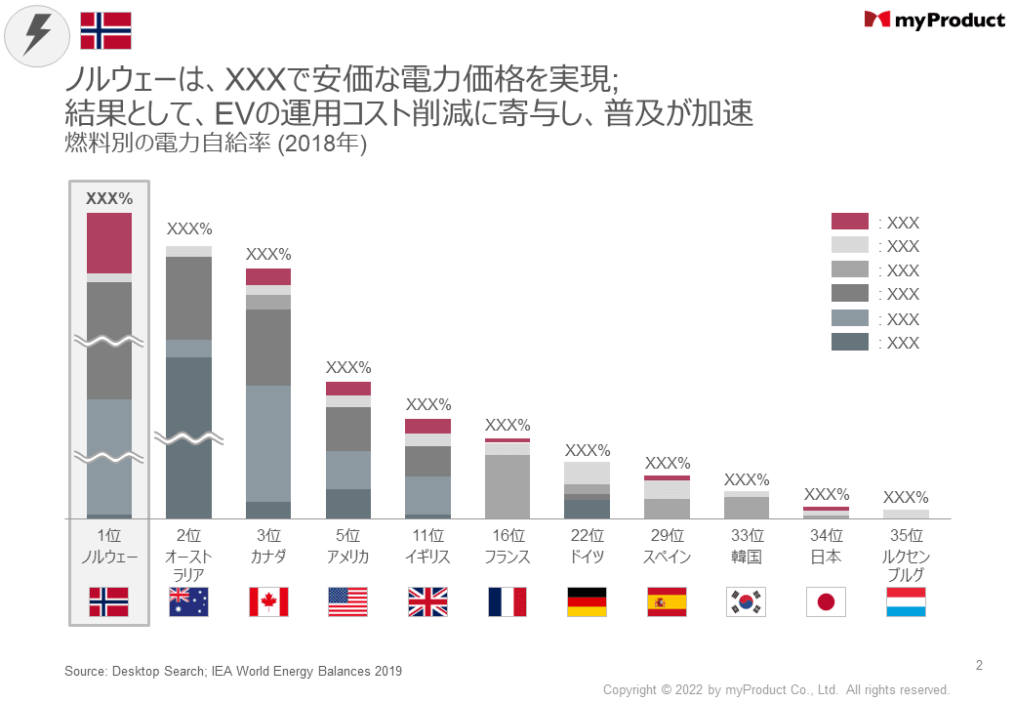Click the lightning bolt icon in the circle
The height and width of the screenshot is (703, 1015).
pos(37,35)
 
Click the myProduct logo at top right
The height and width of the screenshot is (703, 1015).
pos(934,20)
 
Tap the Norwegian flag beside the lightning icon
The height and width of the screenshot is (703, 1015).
pos(105,30)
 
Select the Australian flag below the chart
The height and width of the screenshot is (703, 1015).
pos(188,601)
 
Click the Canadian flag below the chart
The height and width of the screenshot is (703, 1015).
pos(268,601)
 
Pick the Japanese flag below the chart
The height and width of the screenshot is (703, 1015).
pos(826,601)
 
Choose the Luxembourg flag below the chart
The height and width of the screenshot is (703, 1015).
pos(906,601)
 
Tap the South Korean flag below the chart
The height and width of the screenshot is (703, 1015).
pos(746,601)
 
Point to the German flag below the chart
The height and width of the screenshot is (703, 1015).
pos(587,601)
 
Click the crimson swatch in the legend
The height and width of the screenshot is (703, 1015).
pos(849,222)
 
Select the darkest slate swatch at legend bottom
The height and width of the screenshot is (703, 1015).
pos(849,342)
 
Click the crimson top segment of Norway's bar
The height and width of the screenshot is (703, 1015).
pos(109,242)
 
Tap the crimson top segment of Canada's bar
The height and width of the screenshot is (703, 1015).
pos(268,276)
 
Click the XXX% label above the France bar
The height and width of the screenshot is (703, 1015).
pos(507,425)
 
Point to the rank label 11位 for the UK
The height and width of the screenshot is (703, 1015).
pos(427,536)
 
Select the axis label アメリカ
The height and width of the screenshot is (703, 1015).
pos(348,557)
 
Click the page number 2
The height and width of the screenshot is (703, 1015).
pos(979,666)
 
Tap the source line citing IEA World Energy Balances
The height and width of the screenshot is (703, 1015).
pos(233,671)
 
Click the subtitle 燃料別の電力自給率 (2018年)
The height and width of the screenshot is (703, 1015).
pos(215,144)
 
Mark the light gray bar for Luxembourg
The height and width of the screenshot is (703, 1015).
pos(906,514)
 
